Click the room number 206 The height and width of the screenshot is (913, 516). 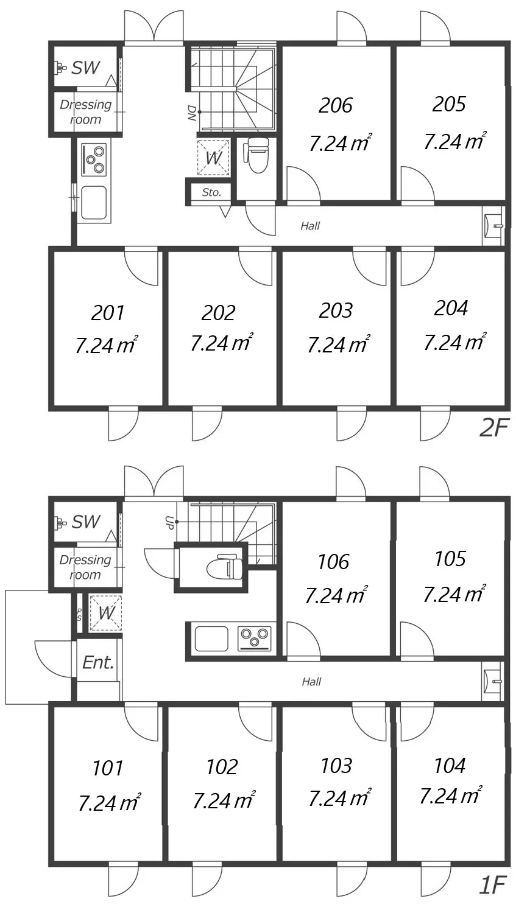336,105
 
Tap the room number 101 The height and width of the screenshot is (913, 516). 108,768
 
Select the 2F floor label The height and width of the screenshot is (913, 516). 493,429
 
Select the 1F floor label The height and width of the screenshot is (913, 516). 493,885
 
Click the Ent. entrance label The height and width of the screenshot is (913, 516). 98,662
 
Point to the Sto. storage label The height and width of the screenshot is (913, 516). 211,192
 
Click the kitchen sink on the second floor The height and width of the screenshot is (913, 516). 94,202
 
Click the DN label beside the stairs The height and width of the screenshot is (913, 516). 191,113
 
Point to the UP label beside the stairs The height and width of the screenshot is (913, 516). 169,522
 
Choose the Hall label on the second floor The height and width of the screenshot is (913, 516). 310,226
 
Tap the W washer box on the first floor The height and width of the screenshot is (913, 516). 105,613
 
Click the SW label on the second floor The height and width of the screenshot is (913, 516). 85,68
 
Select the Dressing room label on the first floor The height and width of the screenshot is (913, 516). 85,567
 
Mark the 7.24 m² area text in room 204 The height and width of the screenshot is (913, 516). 454,343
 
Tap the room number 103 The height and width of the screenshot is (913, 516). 336,765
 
